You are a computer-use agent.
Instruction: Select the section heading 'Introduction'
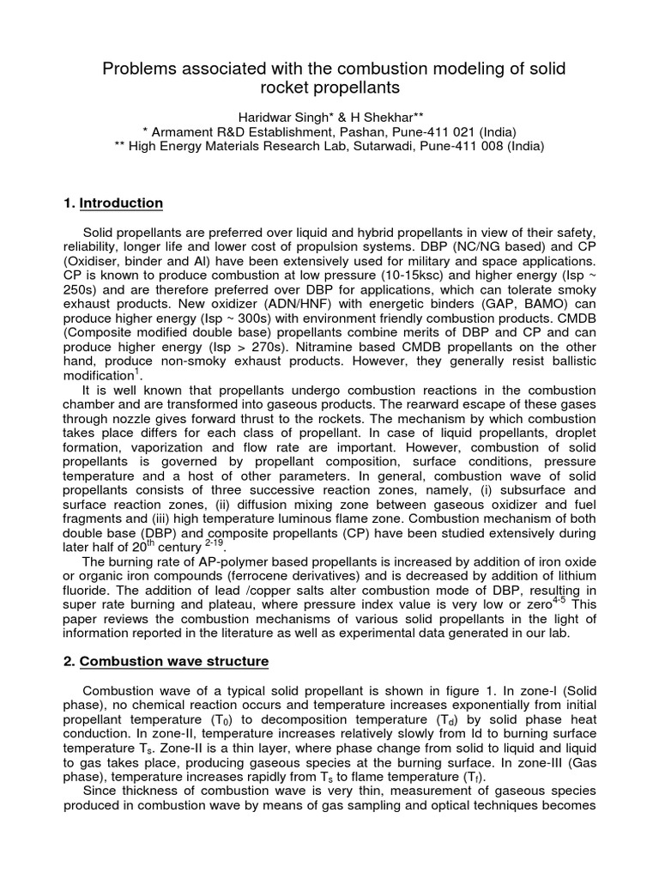121,203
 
